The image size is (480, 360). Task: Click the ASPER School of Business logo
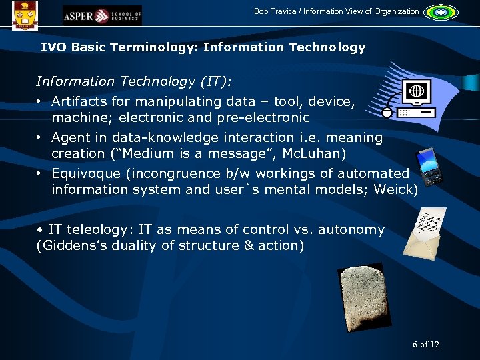pyautogui.click(x=102, y=15)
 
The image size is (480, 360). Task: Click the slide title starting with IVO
pyautogui.click(x=203, y=47)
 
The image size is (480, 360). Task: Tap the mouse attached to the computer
pyautogui.click(x=388, y=111)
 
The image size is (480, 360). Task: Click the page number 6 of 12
pyautogui.click(x=426, y=344)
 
